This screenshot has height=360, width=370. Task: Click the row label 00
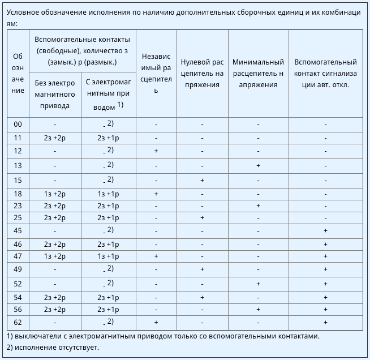[x=18, y=124]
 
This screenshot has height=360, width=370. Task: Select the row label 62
[x=18, y=322]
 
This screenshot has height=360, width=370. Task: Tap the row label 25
[x=18, y=218]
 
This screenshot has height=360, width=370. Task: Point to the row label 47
[x=18, y=256]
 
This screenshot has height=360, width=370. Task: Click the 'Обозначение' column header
[x=18, y=73]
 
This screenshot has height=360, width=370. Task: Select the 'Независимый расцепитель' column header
[x=156, y=73]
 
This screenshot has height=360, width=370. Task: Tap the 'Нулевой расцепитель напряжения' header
[x=202, y=73]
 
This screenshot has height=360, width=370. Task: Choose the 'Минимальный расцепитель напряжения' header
[x=258, y=73]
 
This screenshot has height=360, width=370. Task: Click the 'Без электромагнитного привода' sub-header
[x=54, y=93]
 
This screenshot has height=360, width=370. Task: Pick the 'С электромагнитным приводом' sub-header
[x=108, y=93]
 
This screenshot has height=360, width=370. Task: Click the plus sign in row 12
[x=156, y=151]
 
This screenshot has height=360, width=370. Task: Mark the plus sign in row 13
[x=258, y=166]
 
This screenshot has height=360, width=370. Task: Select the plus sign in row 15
[x=202, y=181]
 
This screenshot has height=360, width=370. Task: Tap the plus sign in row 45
[x=325, y=230]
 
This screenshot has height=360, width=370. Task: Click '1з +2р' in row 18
[x=54, y=194]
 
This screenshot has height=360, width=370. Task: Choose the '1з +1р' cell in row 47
[x=108, y=256]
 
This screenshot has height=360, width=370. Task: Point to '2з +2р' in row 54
[x=54, y=297]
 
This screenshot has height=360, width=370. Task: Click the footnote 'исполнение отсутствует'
[x=53, y=347]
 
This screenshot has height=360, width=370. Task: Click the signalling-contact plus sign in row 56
[x=325, y=310]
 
